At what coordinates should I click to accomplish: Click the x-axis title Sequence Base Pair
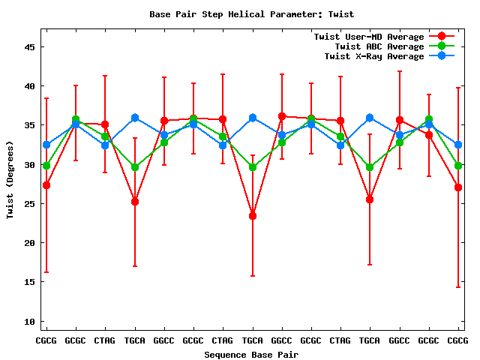pos(252,354)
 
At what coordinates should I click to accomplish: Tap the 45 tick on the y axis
pos(30,46)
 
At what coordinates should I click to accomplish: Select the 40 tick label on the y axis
pos(30,86)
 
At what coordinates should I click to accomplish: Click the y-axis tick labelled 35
pos(30,125)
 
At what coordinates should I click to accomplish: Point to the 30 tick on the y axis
pos(30,164)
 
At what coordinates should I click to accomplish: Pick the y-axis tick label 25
pos(30,204)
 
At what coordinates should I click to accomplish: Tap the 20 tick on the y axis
pos(30,243)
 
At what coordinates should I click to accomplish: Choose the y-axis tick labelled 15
pos(30,282)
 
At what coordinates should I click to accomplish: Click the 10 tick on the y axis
pos(30,322)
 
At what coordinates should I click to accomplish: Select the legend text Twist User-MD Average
pos(368,37)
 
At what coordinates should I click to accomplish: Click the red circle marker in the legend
pos(441,37)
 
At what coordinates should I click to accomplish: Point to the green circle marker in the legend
pos(441,46)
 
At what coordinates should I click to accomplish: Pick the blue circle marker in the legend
pos(441,56)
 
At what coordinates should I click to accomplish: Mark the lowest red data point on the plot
pos(253,216)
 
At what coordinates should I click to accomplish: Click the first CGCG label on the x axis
pos(46,340)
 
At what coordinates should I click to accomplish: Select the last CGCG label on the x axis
pos(457,340)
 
